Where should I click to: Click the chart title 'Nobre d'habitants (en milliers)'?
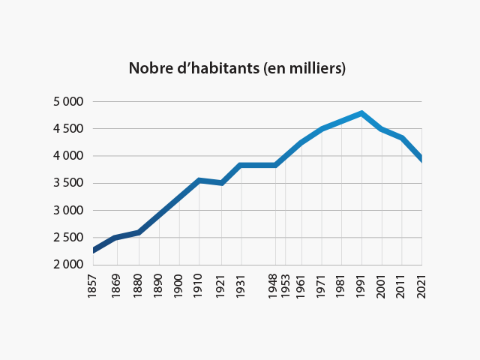pyautogui.click(x=237, y=68)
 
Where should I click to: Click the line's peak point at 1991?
pyautogui.click(x=361, y=113)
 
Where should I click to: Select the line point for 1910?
pyautogui.click(x=199, y=180)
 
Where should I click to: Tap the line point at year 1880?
pyautogui.click(x=139, y=232)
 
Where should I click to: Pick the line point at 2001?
pyautogui.click(x=382, y=129)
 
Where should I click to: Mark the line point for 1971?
pyautogui.click(x=322, y=129)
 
